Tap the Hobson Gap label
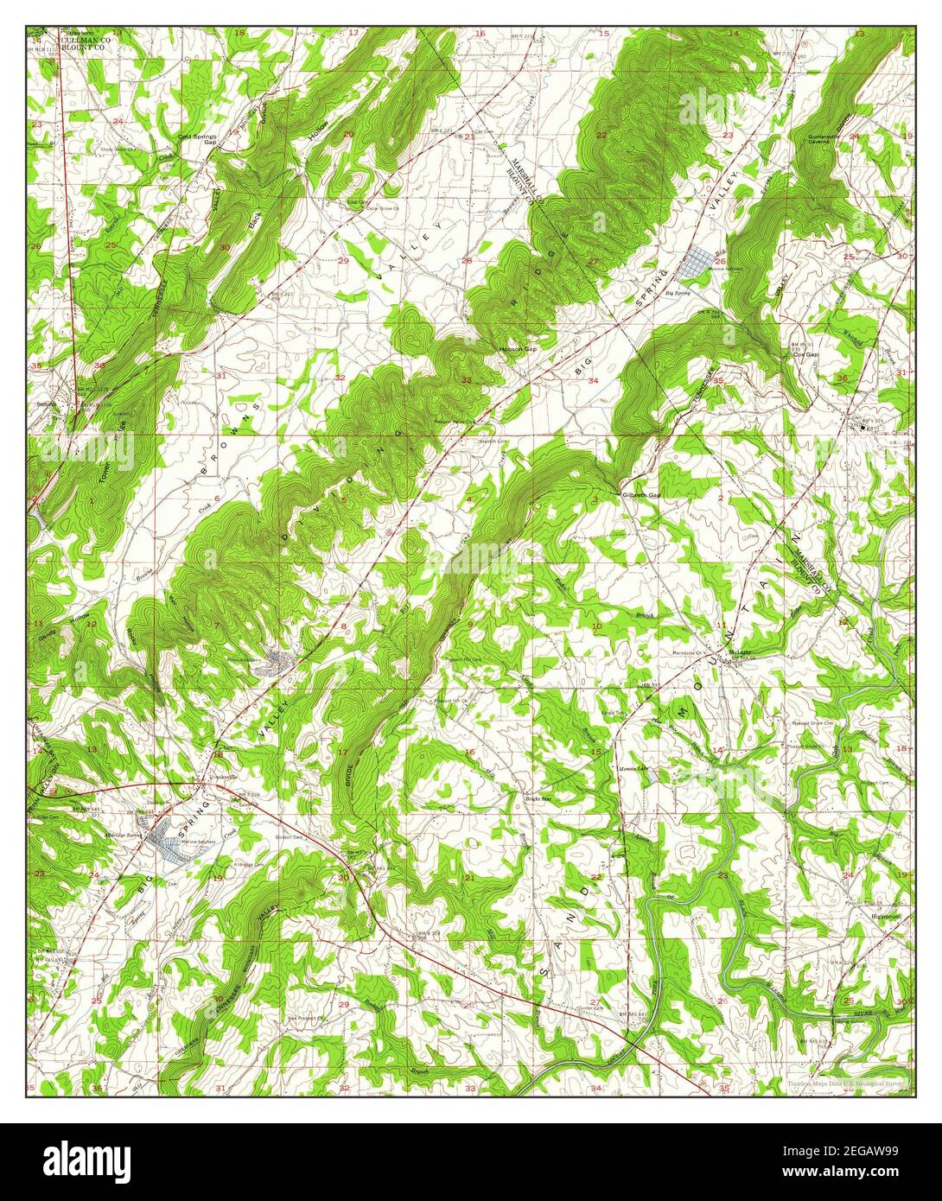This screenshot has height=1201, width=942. (x=518, y=349)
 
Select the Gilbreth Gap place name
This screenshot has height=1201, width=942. (x=640, y=495)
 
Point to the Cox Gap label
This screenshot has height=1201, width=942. (x=805, y=354)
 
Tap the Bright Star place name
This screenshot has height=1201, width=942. (x=539, y=799)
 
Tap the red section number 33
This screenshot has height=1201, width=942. (x=466, y=380)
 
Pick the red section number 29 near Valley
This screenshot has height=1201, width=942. (x=343, y=260)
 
